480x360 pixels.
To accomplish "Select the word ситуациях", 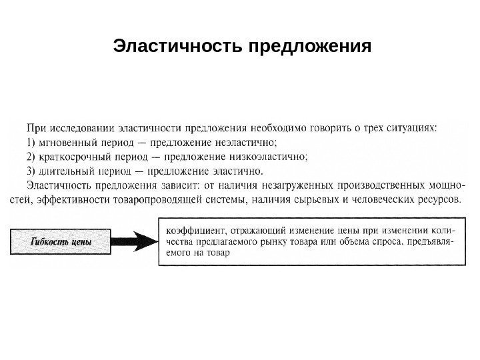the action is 414,125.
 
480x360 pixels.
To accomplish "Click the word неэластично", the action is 246,141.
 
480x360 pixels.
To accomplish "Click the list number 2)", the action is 31,157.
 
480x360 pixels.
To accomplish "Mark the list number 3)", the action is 31,173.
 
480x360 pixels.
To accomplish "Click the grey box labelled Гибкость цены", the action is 61,241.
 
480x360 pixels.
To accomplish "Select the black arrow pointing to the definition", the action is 135,241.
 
